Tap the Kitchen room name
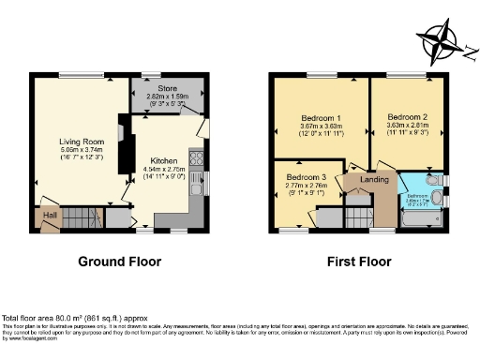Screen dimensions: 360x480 tap(163, 160)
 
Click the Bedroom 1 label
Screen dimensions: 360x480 tap(320, 117)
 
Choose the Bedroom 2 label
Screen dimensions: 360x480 tap(408, 117)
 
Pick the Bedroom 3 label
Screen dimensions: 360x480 tap(307, 177)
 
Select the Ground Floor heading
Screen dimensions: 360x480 tap(119, 262)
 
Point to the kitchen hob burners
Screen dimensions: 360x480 tap(198, 158)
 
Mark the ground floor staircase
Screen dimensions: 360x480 tap(72, 217)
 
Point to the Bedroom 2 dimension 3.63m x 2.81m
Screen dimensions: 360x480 tap(408, 127)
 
